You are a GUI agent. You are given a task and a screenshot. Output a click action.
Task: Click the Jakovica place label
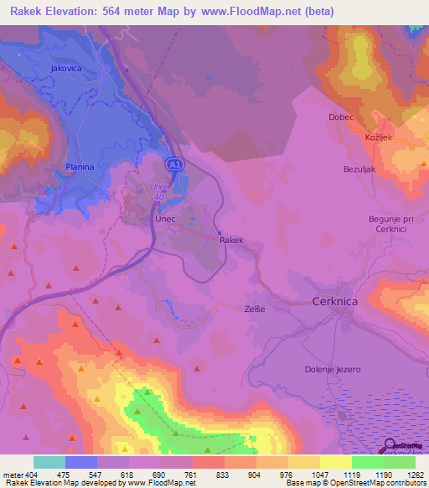[66, 68]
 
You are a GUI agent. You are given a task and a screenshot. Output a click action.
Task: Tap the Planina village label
[80, 168]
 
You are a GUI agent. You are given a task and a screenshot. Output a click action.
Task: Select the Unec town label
[164, 217]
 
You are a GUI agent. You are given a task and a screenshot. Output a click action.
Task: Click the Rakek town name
[231, 240]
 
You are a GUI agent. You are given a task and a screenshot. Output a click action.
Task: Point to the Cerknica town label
[335, 301]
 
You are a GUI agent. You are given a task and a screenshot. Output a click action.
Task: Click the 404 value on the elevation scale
[31, 475]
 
